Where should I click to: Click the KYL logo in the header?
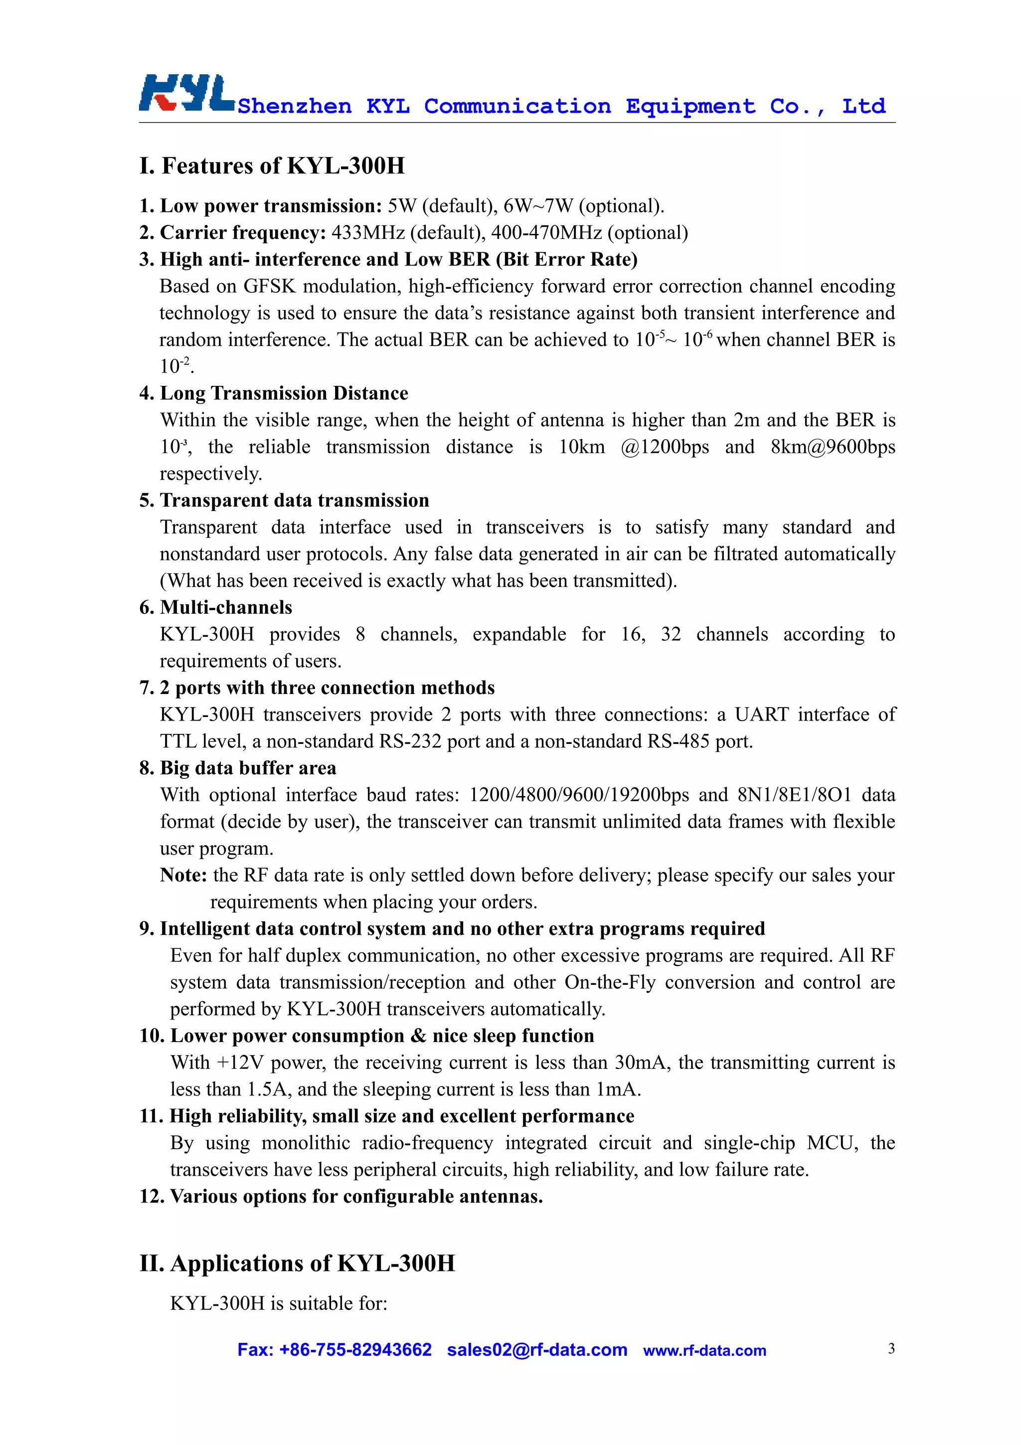pos(186,93)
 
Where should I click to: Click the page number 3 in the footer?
pos(891,1348)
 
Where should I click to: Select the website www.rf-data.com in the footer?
pos(704,1351)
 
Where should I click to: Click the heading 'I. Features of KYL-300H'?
pos(272,166)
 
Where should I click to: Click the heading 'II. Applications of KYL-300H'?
pos(297,1263)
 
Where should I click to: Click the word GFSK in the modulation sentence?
pos(269,286)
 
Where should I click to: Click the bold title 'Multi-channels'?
pos(226,607)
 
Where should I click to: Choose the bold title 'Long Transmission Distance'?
pos(284,393)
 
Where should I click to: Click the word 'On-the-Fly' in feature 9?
pos(610,982)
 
